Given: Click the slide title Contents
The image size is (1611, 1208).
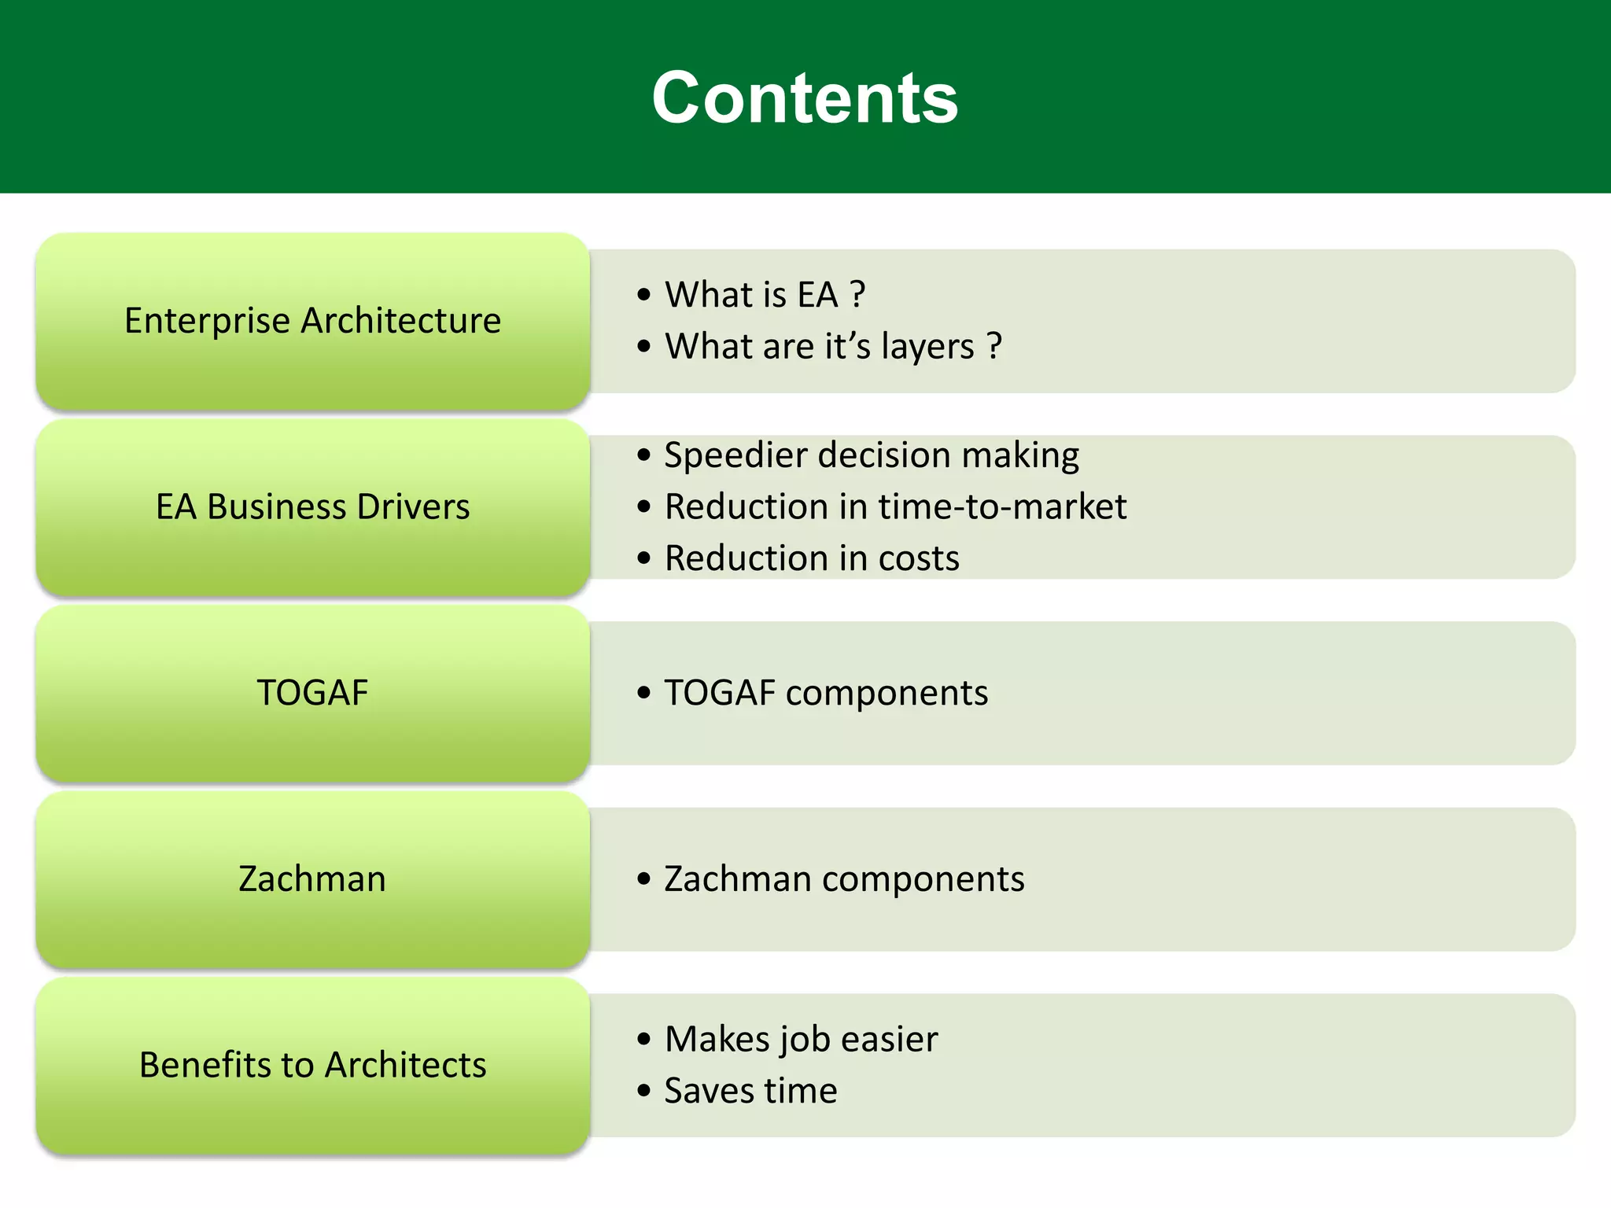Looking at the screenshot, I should [805, 98].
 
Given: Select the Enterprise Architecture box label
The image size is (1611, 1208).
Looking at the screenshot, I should [312, 321].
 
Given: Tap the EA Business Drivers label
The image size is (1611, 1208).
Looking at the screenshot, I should [312, 507].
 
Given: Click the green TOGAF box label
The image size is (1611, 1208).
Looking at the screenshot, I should [312, 693].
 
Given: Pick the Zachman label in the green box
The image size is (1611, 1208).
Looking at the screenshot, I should [312, 879].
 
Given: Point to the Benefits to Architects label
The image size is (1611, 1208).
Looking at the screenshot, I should [312, 1065].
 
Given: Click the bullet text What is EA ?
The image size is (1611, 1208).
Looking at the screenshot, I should [765, 295].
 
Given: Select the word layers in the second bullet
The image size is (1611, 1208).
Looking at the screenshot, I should [927, 347].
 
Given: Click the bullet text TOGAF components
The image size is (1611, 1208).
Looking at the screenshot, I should [826, 693].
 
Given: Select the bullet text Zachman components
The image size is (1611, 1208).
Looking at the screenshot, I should [844, 879].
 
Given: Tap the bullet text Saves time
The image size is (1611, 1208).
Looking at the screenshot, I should [750, 1091].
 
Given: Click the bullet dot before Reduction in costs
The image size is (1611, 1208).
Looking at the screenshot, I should [644, 558].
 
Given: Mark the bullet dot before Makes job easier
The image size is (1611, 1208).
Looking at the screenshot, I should [644, 1040].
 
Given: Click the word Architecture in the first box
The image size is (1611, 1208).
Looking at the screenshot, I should [400, 321].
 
